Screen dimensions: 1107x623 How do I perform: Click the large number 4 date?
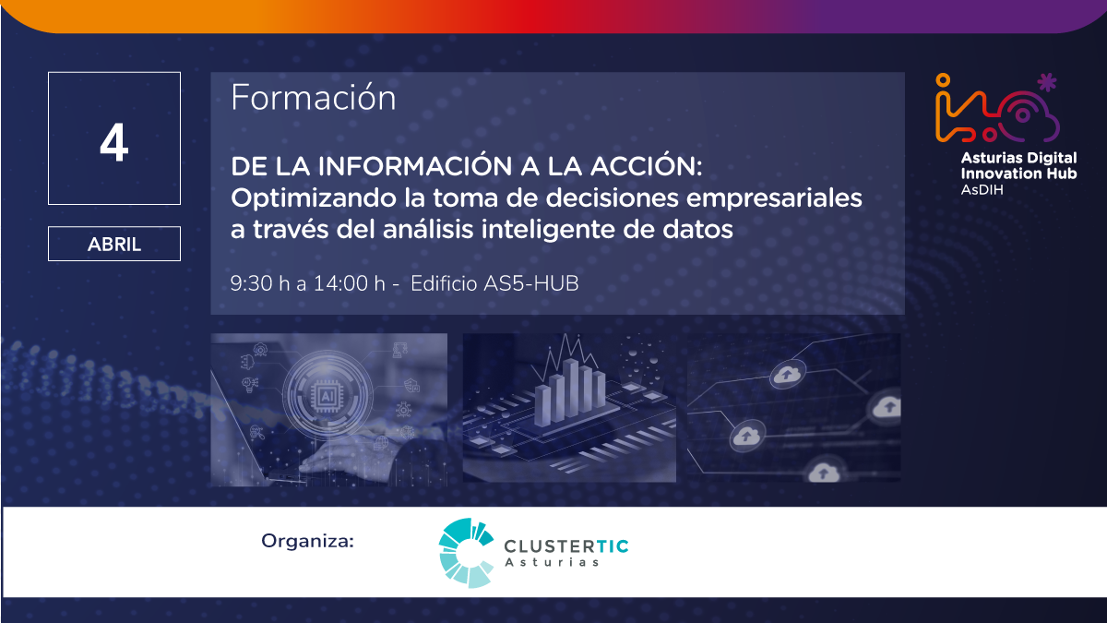[114, 142]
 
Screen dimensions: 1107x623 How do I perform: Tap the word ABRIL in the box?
[114, 245]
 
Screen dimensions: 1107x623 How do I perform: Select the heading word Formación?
[314, 97]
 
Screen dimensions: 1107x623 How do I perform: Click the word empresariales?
[774, 199]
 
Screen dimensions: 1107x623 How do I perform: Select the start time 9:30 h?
[260, 284]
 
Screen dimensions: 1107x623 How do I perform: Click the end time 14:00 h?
[350, 284]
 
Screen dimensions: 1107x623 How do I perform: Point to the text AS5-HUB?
[530, 284]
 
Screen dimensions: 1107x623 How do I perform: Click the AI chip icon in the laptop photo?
[327, 395]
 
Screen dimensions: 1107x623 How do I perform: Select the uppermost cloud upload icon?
[787, 375]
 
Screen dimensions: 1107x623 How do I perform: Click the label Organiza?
[307, 541]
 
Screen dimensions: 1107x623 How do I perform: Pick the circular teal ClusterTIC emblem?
[466, 553]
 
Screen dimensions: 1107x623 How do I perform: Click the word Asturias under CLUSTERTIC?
[552, 562]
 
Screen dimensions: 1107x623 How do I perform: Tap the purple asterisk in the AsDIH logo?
[1047, 82]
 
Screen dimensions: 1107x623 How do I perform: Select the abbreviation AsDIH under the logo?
[982, 190]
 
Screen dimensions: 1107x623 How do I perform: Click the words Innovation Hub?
[1018, 174]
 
